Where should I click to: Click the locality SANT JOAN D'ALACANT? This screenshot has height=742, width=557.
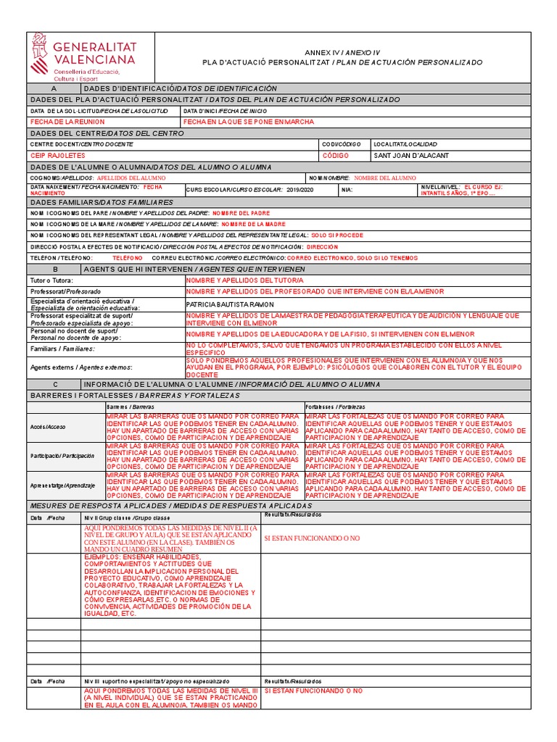coord(410,156)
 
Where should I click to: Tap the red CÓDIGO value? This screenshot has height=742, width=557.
coord(335,156)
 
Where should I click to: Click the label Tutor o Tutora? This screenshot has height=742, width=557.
coord(51,280)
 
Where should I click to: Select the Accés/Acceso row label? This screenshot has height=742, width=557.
coord(47,427)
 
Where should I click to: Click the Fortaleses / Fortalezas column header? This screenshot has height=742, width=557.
coord(335,407)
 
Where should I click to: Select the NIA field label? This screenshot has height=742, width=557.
coord(347,190)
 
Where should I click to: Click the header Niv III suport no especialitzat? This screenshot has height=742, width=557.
coord(157,682)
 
